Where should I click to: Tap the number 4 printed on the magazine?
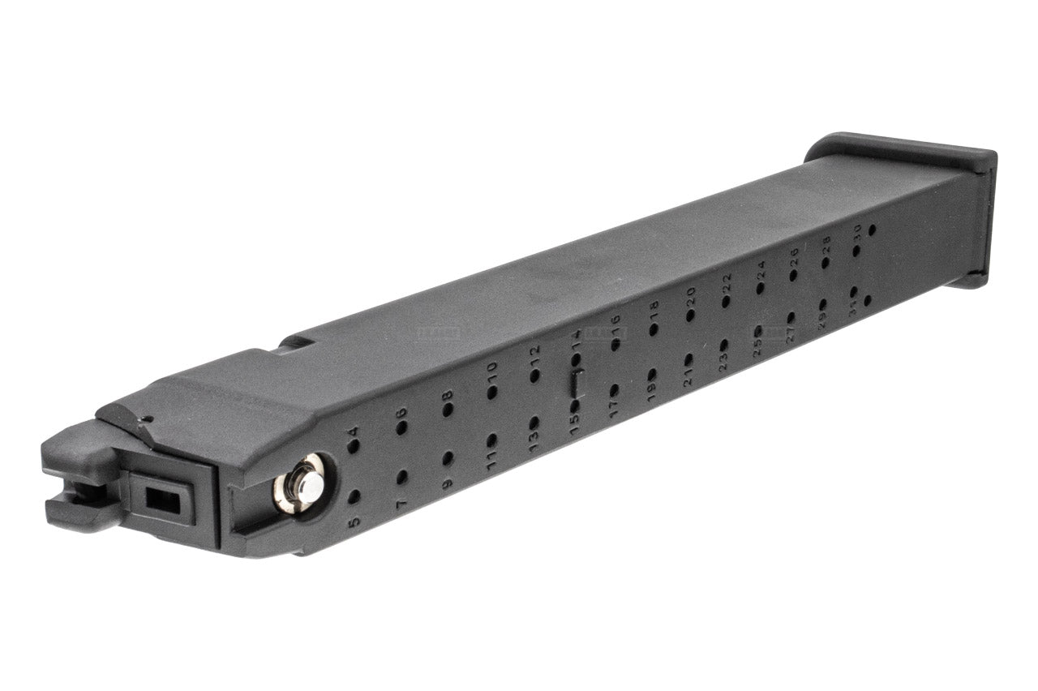[x=352, y=432]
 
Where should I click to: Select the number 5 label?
[x=354, y=523]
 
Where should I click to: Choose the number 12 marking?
[x=534, y=353]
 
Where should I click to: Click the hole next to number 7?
[x=401, y=477]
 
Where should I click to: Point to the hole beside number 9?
[x=447, y=458]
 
